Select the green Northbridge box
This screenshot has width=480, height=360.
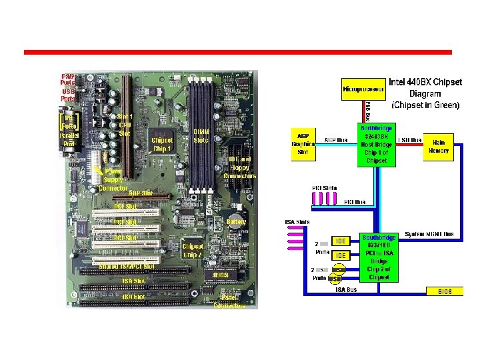377,144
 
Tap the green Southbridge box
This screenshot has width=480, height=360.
379,257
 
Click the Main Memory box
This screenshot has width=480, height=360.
438,146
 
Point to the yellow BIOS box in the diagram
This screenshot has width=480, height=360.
444,291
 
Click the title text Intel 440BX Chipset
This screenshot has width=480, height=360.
425,83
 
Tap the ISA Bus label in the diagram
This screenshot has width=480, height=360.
347,290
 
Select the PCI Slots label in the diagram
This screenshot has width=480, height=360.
325,188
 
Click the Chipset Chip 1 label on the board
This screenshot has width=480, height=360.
162,144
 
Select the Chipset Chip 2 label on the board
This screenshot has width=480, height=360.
193,250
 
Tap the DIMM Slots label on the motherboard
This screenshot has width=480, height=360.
201,136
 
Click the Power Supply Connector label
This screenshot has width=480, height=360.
113,180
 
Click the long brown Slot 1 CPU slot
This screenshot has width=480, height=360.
126,127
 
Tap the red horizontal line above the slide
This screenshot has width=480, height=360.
237,52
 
